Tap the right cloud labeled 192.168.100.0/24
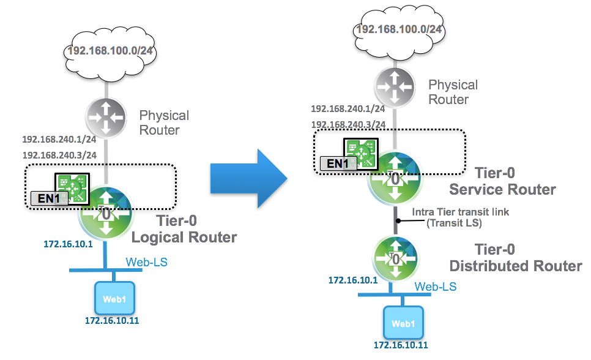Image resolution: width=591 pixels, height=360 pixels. (x=398, y=29)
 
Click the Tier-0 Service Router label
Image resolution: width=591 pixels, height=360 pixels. (x=502, y=181)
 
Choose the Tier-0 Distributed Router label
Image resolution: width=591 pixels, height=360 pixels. (x=516, y=258)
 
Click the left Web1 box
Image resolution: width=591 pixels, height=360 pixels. (x=114, y=298)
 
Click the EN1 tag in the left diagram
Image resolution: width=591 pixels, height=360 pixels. (x=45, y=198)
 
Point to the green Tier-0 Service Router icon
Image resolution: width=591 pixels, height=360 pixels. (x=395, y=179)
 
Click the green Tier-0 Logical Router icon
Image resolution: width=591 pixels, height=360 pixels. (x=105, y=212)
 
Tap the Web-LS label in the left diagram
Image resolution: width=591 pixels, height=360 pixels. (x=147, y=263)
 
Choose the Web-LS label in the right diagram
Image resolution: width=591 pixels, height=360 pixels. (x=436, y=287)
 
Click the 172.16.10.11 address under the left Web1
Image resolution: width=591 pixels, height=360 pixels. (x=109, y=320)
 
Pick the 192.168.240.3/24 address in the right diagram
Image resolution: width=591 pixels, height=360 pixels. (x=348, y=124)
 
